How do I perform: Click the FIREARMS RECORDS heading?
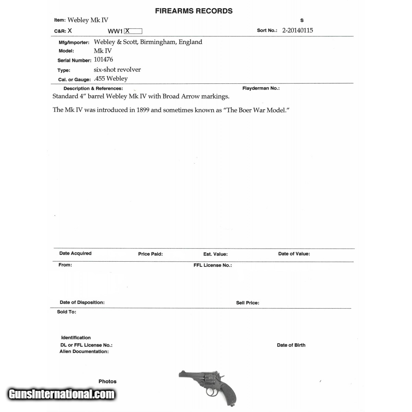pyautogui.click(x=194, y=11)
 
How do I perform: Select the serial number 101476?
pyautogui.click(x=103, y=59)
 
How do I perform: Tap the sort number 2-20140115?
pyautogui.click(x=297, y=30)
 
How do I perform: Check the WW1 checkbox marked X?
pyautogui.click(x=133, y=31)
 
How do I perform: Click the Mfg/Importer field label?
pyautogui.click(x=74, y=43)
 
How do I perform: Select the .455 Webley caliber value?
pyautogui.click(x=111, y=79)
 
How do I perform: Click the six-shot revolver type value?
pyautogui.click(x=117, y=69)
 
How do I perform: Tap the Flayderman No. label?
pyautogui.click(x=261, y=88)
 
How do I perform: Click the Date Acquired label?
pyautogui.click(x=75, y=253)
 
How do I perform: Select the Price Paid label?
pyautogui.click(x=150, y=254)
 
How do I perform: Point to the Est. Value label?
pyautogui.click(x=215, y=254)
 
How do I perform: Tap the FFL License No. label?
pyautogui.click(x=213, y=265)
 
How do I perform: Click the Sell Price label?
pyautogui.click(x=248, y=303)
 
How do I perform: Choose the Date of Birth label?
pyautogui.click(x=291, y=345)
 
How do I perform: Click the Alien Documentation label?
pyautogui.click(x=84, y=352)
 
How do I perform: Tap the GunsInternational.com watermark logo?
pyautogui.click(x=61, y=394)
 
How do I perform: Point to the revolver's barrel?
pyautogui.click(x=188, y=375)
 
